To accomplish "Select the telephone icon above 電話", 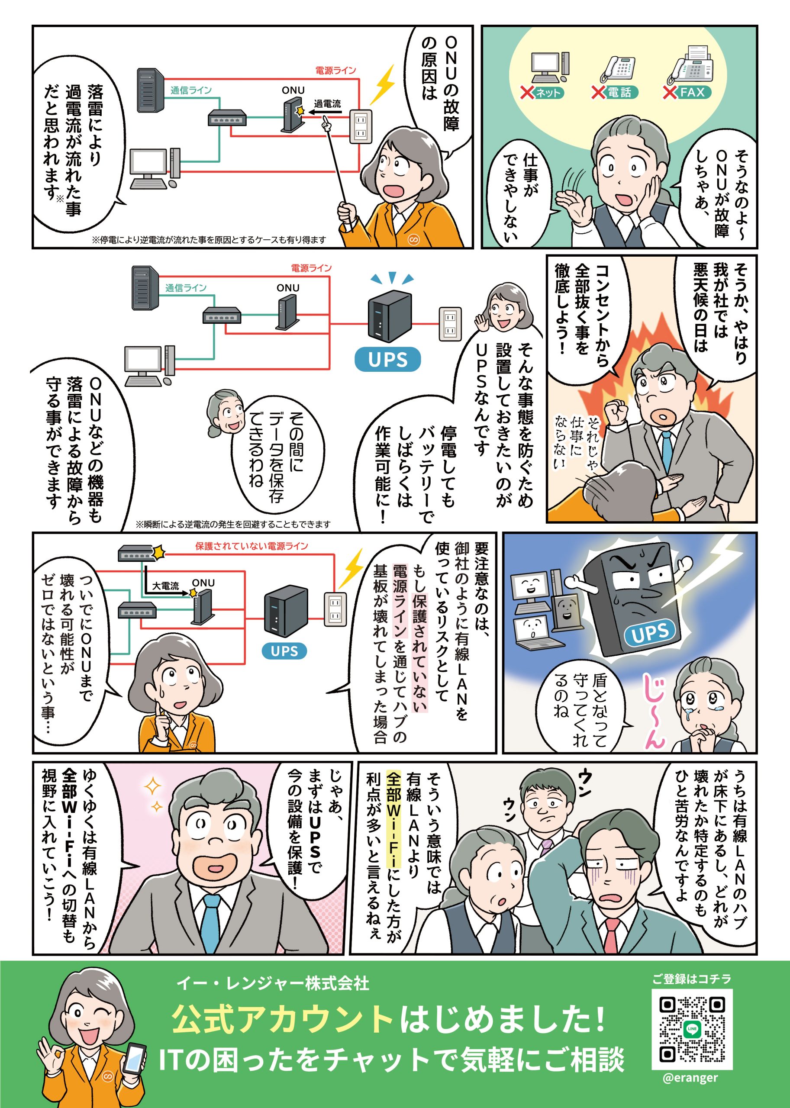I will (x=618, y=68).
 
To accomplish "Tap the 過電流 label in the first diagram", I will (x=327, y=103).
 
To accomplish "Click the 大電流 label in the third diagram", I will (x=165, y=586).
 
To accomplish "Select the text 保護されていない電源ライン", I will (x=252, y=546).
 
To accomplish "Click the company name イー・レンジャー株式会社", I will (x=273, y=983).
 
